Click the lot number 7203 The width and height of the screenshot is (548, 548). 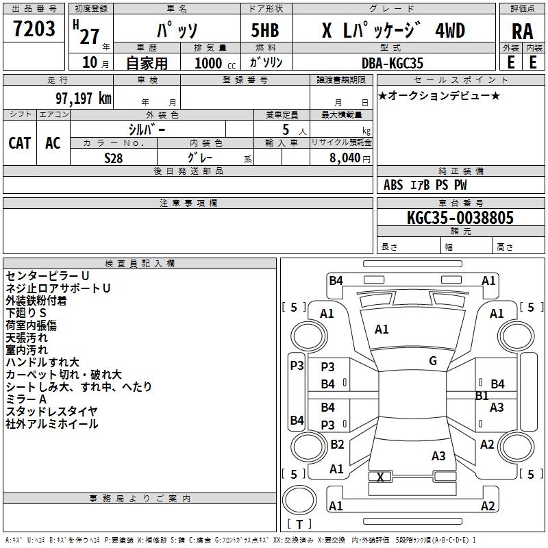tap(34, 29)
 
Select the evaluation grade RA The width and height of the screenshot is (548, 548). tap(522, 32)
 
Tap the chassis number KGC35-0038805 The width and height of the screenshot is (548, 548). tap(460, 218)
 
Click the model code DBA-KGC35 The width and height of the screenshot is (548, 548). tap(393, 63)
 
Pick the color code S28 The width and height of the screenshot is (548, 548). tap(114, 158)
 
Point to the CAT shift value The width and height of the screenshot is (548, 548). tap(20, 142)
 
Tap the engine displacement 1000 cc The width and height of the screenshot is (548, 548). tap(213, 63)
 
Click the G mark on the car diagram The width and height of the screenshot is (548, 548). tap(433, 361)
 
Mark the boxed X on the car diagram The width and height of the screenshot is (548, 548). tap(381, 477)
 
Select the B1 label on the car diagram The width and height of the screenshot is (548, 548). tap(482, 396)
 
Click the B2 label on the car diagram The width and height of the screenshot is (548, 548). tap(337, 445)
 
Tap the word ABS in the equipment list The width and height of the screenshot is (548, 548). tap(393, 185)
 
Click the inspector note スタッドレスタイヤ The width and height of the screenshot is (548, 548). tap(52, 411)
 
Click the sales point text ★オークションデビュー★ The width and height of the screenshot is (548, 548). tap(439, 95)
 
